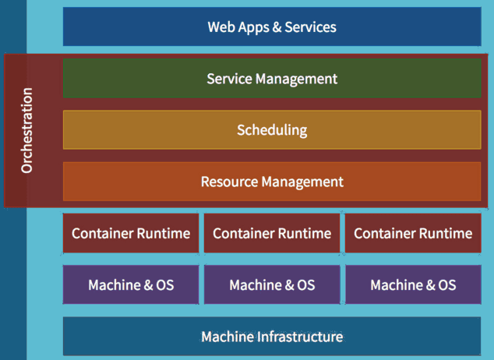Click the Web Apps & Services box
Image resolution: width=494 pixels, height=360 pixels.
tap(272, 26)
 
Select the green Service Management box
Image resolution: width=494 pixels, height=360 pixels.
tap(272, 78)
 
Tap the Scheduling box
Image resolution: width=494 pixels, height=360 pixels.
tap(272, 130)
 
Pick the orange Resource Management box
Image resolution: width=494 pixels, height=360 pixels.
tap(272, 182)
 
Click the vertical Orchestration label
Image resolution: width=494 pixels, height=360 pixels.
tap(26, 130)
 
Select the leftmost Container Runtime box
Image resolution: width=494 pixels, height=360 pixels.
tap(131, 233)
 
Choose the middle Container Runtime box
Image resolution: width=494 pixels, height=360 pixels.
tap(272, 233)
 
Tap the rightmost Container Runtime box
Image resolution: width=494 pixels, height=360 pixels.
tap(413, 233)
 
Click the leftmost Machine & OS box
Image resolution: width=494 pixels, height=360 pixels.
tap(131, 284)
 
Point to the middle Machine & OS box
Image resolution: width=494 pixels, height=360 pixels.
tap(272, 284)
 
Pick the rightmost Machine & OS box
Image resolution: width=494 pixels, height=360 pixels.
tap(413, 284)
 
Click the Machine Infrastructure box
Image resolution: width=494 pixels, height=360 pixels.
tap(272, 337)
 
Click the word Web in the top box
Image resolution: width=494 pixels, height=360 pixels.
tap(221, 27)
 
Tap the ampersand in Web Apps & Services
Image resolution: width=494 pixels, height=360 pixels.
tap(277, 27)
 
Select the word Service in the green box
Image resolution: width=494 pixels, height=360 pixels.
tap(229, 79)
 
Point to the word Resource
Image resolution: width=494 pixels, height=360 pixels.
tap(229, 182)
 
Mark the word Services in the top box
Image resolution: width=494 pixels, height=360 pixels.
tap(310, 27)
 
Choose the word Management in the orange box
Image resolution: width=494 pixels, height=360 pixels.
tap(302, 182)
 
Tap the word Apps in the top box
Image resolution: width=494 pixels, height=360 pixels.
tap(253, 28)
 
